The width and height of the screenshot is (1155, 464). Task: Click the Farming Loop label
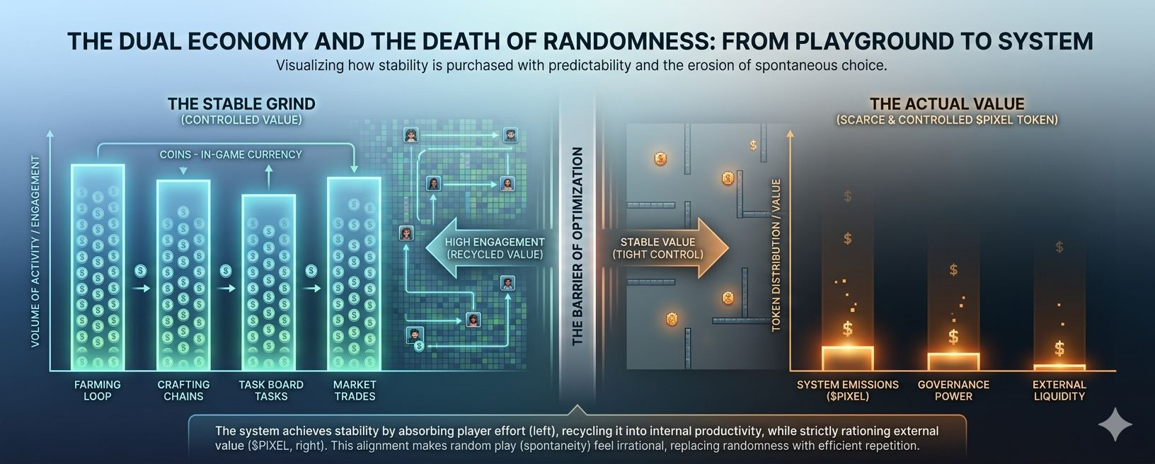(x=98, y=390)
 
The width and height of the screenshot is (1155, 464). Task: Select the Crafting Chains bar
(x=183, y=276)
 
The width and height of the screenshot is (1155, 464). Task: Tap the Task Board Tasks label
(x=271, y=390)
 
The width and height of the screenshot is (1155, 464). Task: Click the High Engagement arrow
(x=488, y=248)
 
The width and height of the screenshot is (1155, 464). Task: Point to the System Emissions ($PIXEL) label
(x=847, y=390)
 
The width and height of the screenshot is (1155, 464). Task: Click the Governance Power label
(x=953, y=390)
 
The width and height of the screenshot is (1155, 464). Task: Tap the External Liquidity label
(x=1059, y=390)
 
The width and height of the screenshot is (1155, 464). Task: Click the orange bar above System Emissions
(x=847, y=358)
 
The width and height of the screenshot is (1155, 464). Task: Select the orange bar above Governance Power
(x=953, y=361)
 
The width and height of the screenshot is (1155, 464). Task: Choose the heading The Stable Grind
(x=241, y=104)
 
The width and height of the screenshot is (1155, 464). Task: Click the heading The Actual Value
(x=947, y=104)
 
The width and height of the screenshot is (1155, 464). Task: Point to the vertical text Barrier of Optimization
(x=577, y=246)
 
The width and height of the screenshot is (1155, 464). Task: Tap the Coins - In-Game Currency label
(x=231, y=154)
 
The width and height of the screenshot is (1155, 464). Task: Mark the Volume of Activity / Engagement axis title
(x=35, y=251)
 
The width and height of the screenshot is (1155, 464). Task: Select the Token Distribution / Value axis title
(x=776, y=255)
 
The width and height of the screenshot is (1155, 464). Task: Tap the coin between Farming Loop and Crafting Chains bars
(x=141, y=270)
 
